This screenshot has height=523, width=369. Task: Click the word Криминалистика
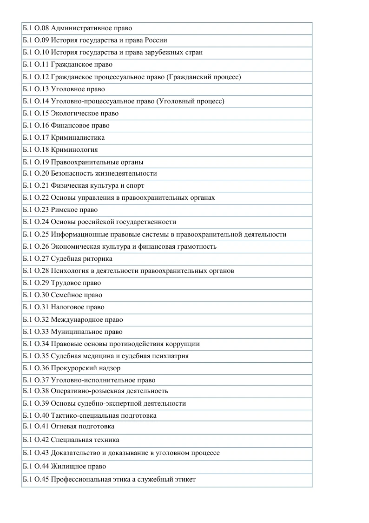78,137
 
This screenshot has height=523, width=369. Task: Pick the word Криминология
74,150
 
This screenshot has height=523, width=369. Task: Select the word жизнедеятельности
126,173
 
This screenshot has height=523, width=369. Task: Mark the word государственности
145,222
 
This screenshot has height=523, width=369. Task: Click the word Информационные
77,234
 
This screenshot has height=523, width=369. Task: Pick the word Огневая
64,426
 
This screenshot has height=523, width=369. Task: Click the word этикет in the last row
184,479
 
